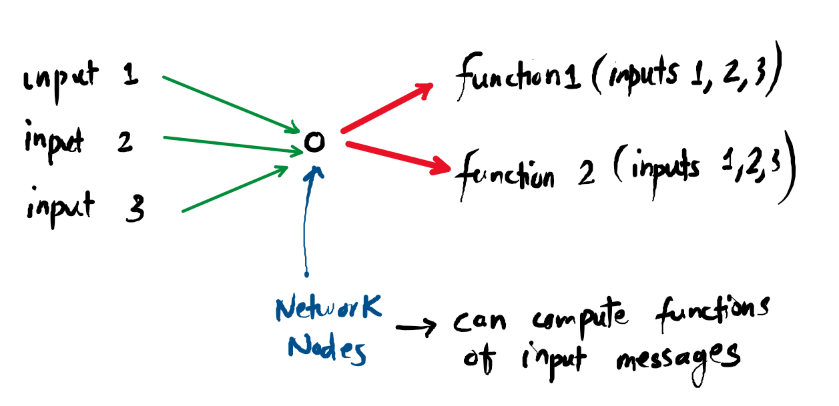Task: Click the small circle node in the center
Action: coord(314,142)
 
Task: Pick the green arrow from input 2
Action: coord(230,145)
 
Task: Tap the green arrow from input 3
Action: coord(234,189)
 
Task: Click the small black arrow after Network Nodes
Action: coord(415,327)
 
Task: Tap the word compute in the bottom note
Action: coord(581,320)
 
